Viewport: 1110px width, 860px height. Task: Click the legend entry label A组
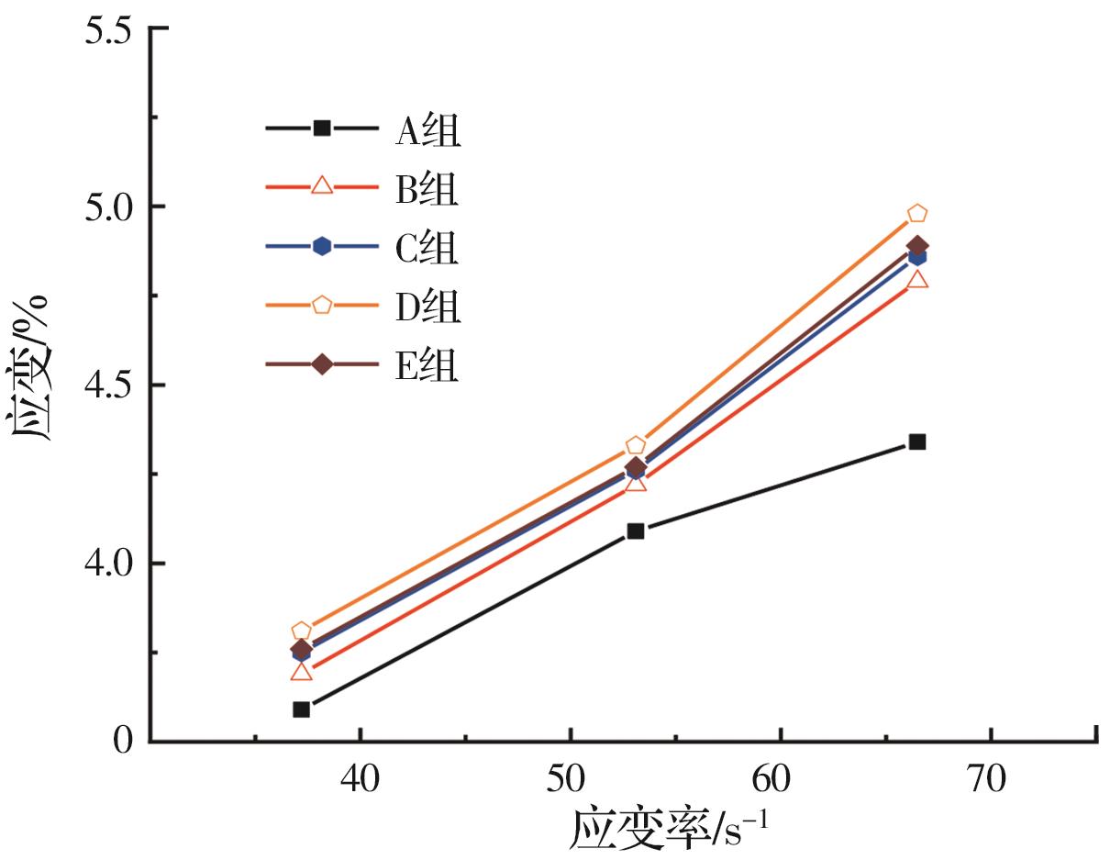point(427,130)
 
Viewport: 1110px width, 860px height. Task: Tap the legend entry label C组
point(427,247)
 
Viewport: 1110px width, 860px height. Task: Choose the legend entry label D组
point(427,306)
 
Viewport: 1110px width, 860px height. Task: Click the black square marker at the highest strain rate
point(916,441)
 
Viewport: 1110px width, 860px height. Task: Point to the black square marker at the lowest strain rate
point(301,709)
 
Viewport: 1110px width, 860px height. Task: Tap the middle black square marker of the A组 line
point(636,531)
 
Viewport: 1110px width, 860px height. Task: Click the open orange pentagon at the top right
point(917,214)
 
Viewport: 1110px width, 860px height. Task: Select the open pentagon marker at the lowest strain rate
point(301,631)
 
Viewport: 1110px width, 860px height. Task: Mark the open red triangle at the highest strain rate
point(917,279)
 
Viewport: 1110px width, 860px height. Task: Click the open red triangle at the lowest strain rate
point(301,672)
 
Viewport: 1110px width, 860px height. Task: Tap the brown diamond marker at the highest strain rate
point(917,246)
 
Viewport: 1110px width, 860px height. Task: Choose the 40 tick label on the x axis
point(361,780)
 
